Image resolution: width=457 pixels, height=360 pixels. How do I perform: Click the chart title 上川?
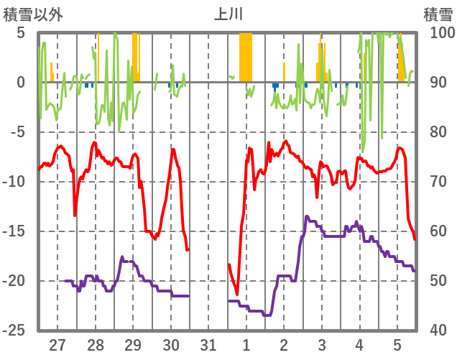tap(228, 14)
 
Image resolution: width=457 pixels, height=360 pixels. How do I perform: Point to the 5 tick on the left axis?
tap(21, 33)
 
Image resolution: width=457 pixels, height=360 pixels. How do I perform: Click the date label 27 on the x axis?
tap(57, 345)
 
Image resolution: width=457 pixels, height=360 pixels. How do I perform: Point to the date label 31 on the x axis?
tap(208, 345)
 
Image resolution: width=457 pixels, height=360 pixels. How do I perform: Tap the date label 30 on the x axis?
tap(171, 345)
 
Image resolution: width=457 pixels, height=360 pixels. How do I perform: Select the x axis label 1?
tap(246, 345)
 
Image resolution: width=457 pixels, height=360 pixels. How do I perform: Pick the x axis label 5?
tap(397, 345)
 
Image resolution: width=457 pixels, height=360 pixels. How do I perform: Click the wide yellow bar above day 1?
tap(246, 57)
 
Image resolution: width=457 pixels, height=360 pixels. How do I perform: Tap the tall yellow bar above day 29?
tap(134, 57)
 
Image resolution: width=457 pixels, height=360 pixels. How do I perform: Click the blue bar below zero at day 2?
tap(275, 86)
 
